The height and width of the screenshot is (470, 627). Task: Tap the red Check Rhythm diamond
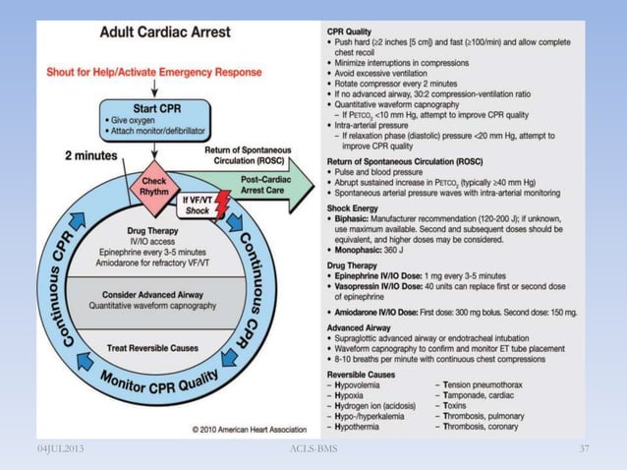tap(154, 185)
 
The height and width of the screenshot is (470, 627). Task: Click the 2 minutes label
tap(95, 155)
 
